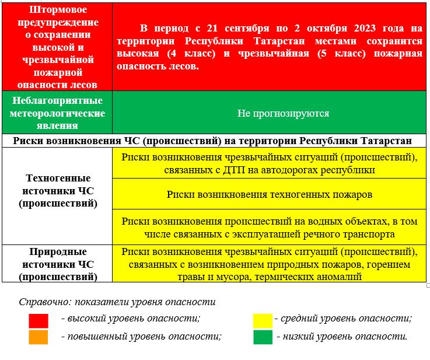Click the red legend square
[x=39, y=320]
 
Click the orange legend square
[x=39, y=337]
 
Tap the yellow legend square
[x=263, y=320]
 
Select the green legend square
[x=263, y=337]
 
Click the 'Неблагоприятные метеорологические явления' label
[x=57, y=113]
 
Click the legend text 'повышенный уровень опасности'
[x=141, y=337]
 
